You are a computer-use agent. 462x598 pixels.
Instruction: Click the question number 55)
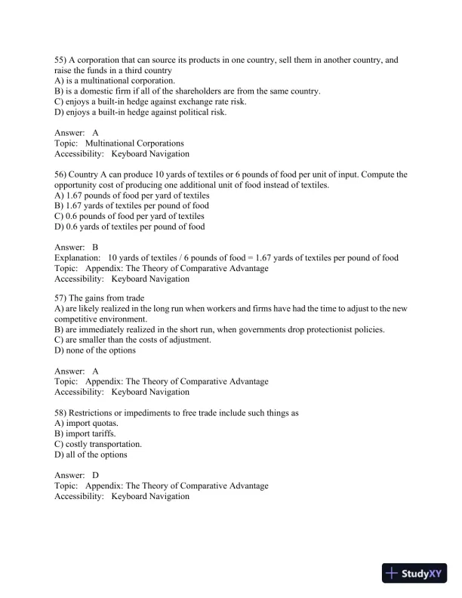61,59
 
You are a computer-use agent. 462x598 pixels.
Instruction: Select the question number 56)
61,174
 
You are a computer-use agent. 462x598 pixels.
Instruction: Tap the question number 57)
61,298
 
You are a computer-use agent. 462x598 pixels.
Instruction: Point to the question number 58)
61,413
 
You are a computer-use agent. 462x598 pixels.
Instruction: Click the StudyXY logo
415,573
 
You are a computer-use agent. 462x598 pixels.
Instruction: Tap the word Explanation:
76,257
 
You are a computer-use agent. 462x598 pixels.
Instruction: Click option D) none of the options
95,350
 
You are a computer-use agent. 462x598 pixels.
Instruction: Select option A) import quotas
87,424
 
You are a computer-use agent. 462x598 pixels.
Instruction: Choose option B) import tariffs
86,434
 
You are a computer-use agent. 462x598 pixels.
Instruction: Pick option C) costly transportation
98,445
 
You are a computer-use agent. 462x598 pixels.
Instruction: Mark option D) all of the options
91,455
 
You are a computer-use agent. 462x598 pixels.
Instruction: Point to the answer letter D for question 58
96,475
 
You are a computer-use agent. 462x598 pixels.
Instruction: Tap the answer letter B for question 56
96,247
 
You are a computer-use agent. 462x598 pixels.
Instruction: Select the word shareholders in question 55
194,91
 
